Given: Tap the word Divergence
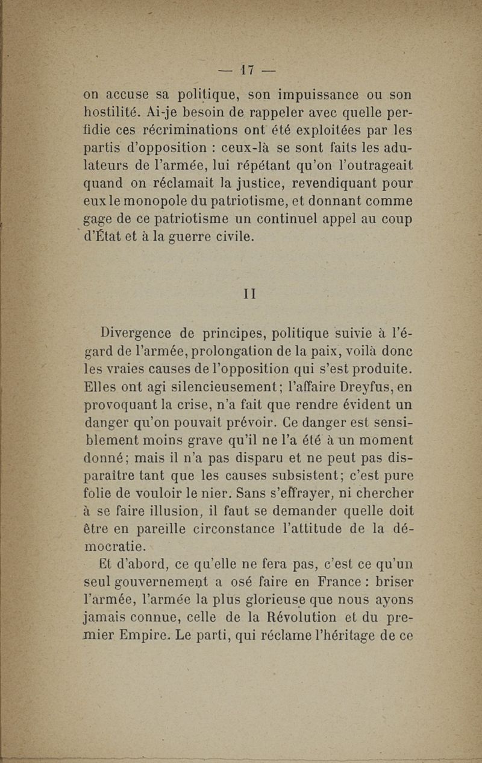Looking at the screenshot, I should click(140, 332).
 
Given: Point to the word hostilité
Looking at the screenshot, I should click(113, 113).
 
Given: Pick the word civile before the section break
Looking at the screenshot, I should click(225, 236).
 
